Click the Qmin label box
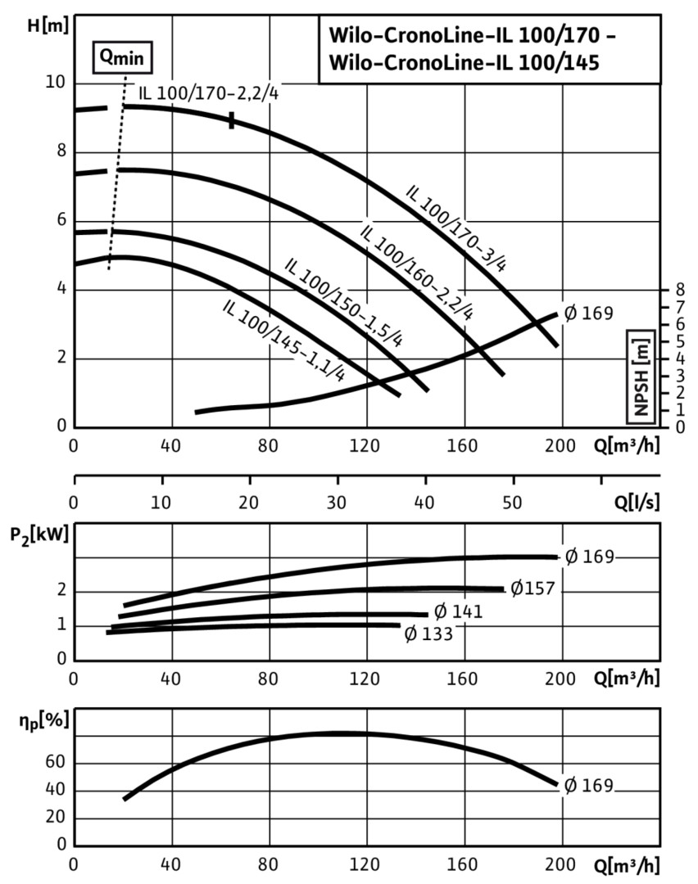[121, 57]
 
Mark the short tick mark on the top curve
[232, 120]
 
